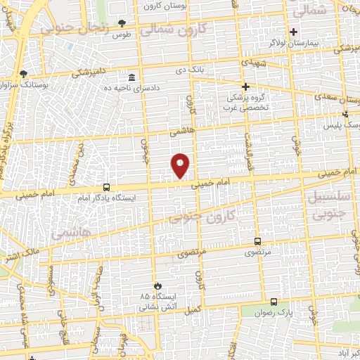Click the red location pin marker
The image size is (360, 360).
181,165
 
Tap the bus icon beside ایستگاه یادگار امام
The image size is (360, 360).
106,187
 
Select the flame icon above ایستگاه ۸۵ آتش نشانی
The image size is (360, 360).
156,285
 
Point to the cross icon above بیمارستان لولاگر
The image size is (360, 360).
293,32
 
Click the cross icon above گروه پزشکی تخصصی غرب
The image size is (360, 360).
245,86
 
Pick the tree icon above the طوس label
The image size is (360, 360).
122,23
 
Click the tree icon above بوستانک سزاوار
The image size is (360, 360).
24,73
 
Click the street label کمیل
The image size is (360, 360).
191,309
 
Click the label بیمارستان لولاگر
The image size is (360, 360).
293,42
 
